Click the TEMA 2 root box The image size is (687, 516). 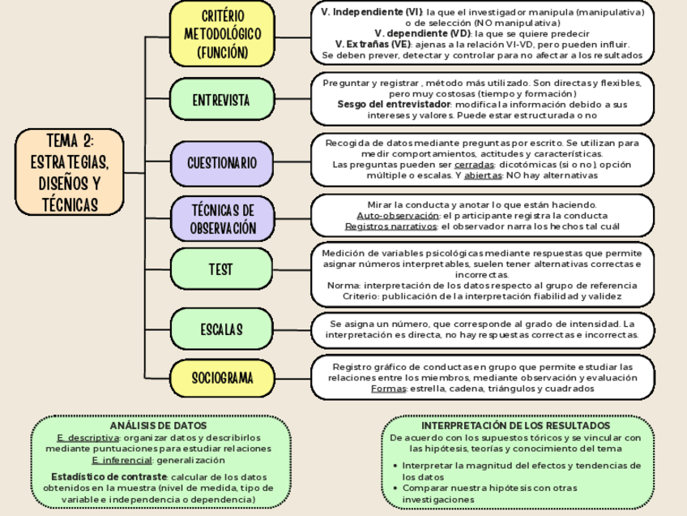click(x=70, y=172)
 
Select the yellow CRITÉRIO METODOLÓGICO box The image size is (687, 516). click(x=221, y=34)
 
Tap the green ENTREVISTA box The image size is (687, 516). click(x=221, y=101)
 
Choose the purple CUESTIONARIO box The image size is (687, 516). click(x=221, y=163)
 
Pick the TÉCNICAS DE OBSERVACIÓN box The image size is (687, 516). click(x=221, y=218)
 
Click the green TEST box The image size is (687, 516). click(x=221, y=269)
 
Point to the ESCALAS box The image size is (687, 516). click(x=221, y=329)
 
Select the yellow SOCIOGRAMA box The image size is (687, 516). click(x=221, y=378)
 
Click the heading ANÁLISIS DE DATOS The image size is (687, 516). click(x=158, y=425)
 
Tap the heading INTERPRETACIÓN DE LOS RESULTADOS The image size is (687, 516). click(x=515, y=425)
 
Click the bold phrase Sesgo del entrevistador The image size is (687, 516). click(x=393, y=105)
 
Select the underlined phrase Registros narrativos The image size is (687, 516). click(x=390, y=226)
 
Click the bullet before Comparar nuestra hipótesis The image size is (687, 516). click(x=395, y=488)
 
